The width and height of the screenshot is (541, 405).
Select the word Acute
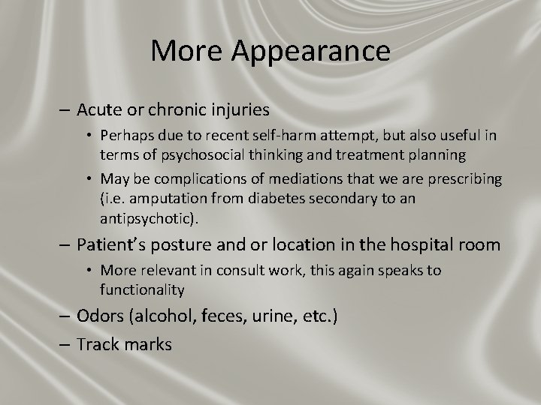click(x=101, y=110)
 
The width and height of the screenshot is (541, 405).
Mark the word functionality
click(x=143, y=289)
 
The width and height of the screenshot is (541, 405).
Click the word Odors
click(x=102, y=316)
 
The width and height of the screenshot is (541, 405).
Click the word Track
click(x=98, y=345)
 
